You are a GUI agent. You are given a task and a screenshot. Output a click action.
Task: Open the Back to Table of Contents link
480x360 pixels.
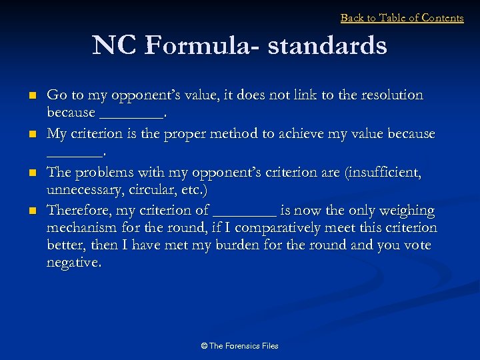click(402, 18)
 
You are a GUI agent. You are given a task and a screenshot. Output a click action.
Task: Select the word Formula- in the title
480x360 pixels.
click(204, 45)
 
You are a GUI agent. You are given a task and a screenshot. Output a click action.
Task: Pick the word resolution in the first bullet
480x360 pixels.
click(389, 95)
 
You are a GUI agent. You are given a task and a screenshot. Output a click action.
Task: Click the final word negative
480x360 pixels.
click(74, 263)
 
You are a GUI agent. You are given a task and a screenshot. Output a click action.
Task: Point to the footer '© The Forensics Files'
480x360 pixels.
click(239, 345)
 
